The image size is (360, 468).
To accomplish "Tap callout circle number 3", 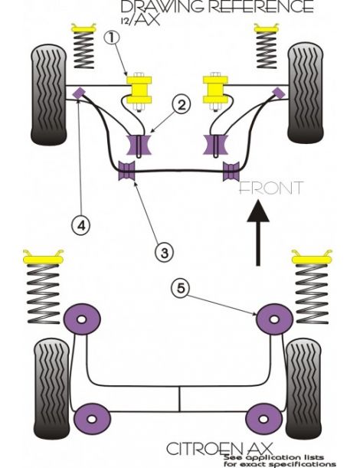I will [163, 250].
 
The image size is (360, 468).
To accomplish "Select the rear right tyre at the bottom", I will [306, 381].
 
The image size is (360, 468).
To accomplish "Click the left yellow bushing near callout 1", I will [140, 90].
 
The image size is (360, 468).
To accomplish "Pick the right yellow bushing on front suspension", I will [217, 90].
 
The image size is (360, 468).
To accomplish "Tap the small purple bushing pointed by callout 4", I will [78, 93].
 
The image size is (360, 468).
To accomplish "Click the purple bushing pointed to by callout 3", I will [126, 173].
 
